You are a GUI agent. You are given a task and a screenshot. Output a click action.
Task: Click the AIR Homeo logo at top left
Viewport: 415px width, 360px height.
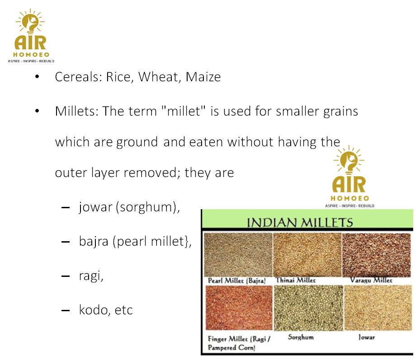(x=31, y=35)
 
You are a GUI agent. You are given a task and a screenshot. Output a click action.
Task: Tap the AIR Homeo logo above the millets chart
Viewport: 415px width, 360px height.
(x=349, y=176)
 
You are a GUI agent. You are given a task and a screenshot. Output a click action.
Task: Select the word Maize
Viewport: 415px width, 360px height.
(x=203, y=77)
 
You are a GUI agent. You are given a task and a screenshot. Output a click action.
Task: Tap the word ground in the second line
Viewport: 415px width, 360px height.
(x=137, y=142)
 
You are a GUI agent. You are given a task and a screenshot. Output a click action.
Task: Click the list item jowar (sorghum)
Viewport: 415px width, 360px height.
(x=129, y=207)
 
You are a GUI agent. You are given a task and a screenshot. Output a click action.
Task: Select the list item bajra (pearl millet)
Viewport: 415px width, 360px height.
(x=135, y=242)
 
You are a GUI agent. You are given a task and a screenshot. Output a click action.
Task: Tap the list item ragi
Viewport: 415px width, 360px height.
(x=91, y=276)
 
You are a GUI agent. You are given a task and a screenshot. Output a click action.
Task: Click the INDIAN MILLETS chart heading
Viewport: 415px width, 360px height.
(x=300, y=222)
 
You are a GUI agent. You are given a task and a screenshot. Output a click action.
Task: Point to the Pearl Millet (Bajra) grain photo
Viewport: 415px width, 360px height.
(x=238, y=255)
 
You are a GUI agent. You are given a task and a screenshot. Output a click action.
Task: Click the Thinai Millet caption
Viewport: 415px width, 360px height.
(x=296, y=280)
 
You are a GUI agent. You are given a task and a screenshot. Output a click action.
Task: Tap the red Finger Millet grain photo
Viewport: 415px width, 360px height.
(x=239, y=308)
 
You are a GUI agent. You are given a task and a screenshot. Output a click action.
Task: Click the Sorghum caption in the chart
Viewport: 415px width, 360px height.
(x=301, y=337)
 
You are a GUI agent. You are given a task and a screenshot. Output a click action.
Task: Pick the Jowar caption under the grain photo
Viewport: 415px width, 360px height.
(x=367, y=337)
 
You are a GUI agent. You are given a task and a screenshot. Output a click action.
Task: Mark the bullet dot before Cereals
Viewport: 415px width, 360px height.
(x=37, y=77)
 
